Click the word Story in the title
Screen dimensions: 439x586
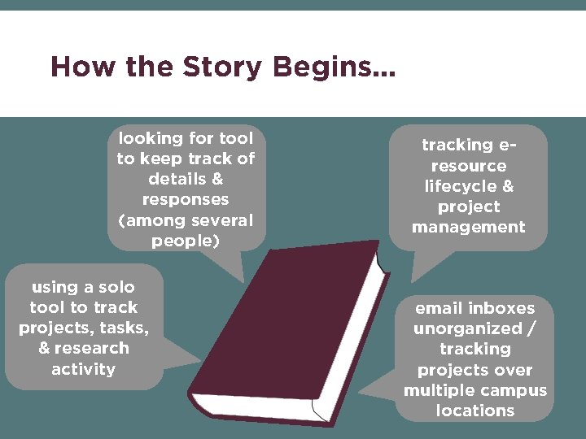[222, 67]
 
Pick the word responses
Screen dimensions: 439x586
[186, 200]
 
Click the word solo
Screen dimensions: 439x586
[116, 288]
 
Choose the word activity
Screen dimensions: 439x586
[84, 369]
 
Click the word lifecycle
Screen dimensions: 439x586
[460, 186]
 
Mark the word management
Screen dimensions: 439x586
[468, 228]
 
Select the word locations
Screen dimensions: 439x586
[475, 411]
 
